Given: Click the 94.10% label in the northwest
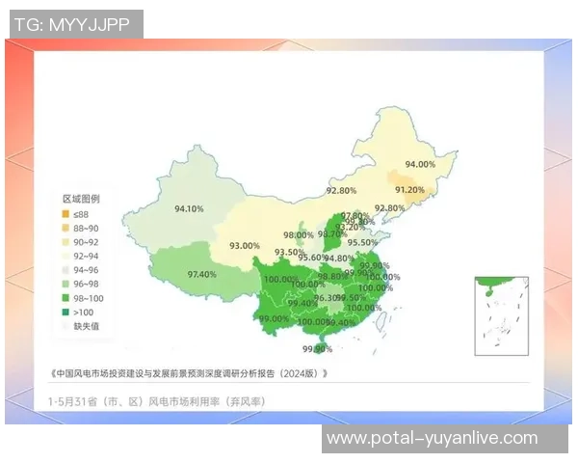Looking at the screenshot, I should pos(189,208).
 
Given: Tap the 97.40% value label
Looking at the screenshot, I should pos(201,274).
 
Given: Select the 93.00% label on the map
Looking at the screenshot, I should pos(244,246).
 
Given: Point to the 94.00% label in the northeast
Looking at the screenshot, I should pos(420,164).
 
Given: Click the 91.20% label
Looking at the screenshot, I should pos(409,190).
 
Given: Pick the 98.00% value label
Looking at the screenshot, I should pos(298,235).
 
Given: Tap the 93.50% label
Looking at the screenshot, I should pos(289,253).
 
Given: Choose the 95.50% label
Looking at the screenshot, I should pos(362,242).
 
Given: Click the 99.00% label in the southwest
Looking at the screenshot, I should pos(274,318).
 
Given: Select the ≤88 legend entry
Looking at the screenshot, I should pos(81,213).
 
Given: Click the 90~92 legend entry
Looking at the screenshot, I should pos(86,242).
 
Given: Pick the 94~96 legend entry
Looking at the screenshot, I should pos(86,270).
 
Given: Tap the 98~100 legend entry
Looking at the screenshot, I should pos(88,298).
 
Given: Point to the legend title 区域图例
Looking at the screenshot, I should pos(81,198).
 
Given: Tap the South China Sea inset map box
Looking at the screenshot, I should pos(502,316).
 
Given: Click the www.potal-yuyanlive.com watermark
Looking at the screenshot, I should pos(432,438).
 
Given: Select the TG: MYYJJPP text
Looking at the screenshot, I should pos(72,24).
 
